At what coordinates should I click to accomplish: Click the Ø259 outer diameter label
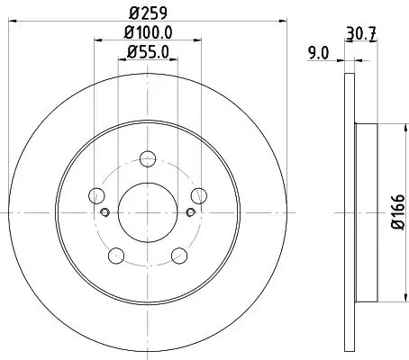pos(148,13)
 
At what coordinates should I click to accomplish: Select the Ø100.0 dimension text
pos(148,32)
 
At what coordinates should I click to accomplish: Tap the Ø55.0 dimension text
pos(148,52)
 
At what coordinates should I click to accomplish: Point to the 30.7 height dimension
pos(361,33)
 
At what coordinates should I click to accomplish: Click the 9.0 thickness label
pos(319,53)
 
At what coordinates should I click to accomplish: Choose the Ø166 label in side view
pos(398,211)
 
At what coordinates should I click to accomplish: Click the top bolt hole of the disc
pos(148,158)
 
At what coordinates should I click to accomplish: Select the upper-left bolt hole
pos(96,195)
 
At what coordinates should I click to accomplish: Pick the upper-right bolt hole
pos(199,195)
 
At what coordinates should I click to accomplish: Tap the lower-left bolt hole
pos(116,256)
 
